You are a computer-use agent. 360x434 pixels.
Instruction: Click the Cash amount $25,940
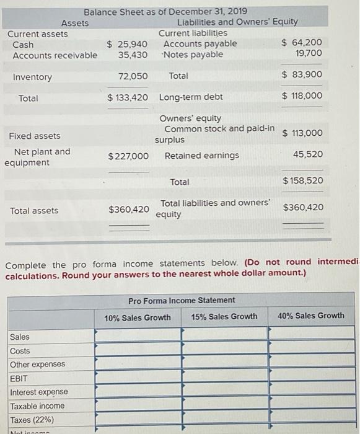click(128, 44)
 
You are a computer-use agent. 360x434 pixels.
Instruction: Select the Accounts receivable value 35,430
click(133, 55)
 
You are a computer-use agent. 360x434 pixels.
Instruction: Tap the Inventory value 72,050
click(133, 76)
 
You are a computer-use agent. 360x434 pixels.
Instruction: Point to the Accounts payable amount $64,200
click(302, 43)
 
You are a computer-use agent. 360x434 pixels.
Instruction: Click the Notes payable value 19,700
click(309, 54)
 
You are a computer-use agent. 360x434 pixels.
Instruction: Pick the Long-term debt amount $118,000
click(302, 95)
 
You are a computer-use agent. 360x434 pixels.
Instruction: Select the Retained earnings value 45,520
click(309, 154)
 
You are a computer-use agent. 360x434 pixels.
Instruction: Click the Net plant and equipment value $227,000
click(128, 156)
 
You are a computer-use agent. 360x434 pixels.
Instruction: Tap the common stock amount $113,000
click(302, 133)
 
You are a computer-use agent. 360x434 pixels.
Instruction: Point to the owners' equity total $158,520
click(302, 180)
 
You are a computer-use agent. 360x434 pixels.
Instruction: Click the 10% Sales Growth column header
click(138, 317)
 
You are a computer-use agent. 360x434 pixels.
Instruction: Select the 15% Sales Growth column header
click(224, 317)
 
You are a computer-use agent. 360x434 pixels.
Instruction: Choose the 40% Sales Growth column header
click(311, 316)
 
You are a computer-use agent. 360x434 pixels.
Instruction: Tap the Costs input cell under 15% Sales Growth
click(224, 350)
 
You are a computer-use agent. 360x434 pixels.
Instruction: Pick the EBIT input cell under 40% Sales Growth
click(311, 378)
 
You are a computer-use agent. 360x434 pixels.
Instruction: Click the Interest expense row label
click(39, 392)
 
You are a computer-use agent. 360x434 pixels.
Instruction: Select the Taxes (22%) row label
click(32, 419)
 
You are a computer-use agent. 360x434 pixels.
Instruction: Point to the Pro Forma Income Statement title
click(182, 301)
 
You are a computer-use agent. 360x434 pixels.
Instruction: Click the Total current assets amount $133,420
click(128, 98)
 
